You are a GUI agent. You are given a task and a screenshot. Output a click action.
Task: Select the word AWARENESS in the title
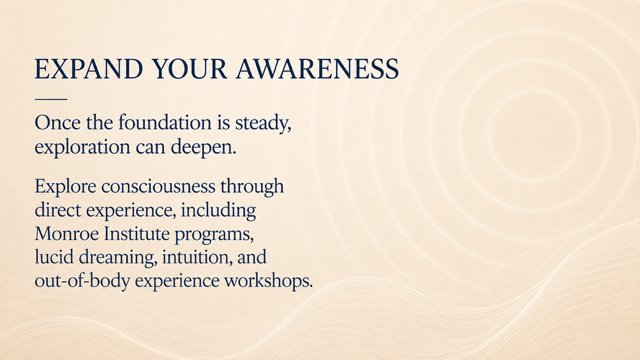(x=317, y=69)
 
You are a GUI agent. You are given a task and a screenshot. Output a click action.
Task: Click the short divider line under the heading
(x=51, y=99)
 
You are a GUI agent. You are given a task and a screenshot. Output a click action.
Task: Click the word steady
(x=263, y=123)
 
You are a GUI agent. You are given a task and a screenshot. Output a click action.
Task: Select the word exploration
(x=82, y=147)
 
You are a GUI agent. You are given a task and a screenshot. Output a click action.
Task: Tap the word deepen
(x=203, y=147)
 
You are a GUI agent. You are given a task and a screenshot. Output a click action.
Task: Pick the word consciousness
(x=158, y=187)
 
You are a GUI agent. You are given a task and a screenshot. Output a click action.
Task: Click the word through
(x=252, y=187)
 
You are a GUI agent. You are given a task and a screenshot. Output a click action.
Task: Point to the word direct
(x=58, y=210)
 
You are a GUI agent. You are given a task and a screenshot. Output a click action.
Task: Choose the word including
(x=218, y=211)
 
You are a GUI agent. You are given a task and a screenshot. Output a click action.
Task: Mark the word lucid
(x=54, y=258)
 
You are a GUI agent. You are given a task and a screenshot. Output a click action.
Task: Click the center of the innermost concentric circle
(x=534, y=131)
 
